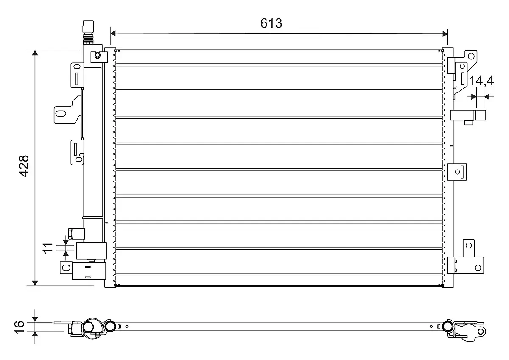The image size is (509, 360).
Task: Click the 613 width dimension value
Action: [x=271, y=23]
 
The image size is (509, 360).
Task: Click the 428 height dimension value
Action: [x=24, y=166]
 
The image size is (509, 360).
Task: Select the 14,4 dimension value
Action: [x=481, y=81]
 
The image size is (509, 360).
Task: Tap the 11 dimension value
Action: [x=48, y=248]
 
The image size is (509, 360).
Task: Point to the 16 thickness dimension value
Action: [x=20, y=327]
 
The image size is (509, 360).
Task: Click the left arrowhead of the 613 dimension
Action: [x=113, y=33]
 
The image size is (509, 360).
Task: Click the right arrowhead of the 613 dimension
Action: [x=445, y=34]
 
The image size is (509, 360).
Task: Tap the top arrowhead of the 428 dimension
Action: [x=35, y=53]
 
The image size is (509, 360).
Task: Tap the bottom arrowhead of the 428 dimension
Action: [x=35, y=283]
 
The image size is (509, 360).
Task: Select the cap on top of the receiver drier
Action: [x=88, y=27]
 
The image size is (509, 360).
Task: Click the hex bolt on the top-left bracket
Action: [x=98, y=55]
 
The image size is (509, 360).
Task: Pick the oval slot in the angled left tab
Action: [x=61, y=113]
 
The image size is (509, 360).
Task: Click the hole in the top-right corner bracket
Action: [x=471, y=56]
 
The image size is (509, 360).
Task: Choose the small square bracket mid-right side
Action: [x=457, y=172]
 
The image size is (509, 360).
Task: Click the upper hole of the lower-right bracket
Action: [x=469, y=246]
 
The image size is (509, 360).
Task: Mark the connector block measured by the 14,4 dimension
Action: [x=468, y=115]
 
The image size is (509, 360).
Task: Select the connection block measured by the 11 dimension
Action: [x=91, y=251]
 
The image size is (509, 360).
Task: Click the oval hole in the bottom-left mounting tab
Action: [x=66, y=268]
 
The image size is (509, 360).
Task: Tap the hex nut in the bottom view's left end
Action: [x=88, y=327]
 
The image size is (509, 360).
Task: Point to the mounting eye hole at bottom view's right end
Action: [x=481, y=332]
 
